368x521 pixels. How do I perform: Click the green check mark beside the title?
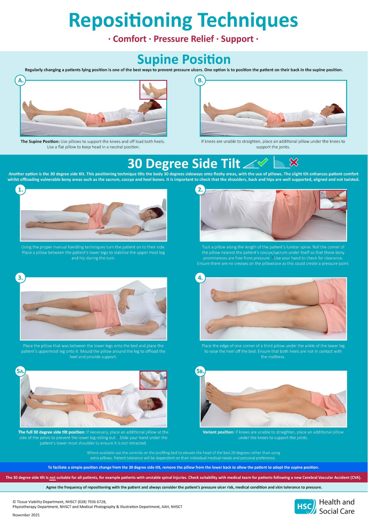[x=263, y=162]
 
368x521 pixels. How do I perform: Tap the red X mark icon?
[x=294, y=162]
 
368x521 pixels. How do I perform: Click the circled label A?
[x=21, y=80]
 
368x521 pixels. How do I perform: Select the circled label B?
[x=200, y=80]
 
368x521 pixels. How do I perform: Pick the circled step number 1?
[x=21, y=189]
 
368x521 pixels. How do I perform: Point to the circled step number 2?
[x=200, y=189]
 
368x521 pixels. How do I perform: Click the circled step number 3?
[x=21, y=278]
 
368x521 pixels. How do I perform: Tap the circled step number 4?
[x=200, y=278]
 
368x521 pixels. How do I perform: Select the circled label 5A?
[x=21, y=371]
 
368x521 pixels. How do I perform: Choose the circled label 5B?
[x=200, y=371]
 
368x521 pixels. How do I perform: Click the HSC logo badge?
[x=305, y=506]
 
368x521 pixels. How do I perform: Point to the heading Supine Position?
[x=184, y=60]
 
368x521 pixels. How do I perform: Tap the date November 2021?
[x=26, y=515]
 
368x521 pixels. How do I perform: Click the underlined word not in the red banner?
[x=52, y=477]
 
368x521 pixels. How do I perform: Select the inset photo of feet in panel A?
[x=153, y=90]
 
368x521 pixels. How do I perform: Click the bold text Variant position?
[x=218, y=432]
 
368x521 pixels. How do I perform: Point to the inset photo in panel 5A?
[x=153, y=380]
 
